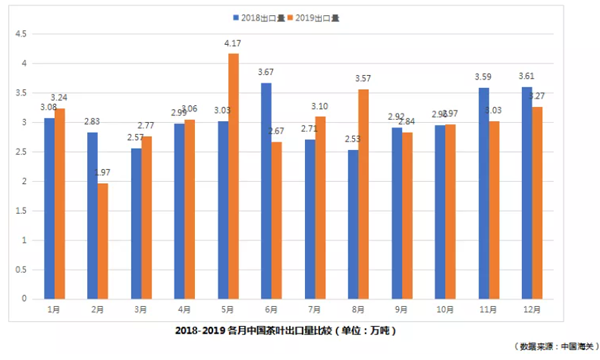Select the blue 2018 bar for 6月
266,191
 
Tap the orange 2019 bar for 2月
103,241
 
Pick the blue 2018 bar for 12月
525,193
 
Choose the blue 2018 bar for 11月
483,193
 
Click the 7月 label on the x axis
314,309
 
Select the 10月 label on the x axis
443,309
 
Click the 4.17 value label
233,44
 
